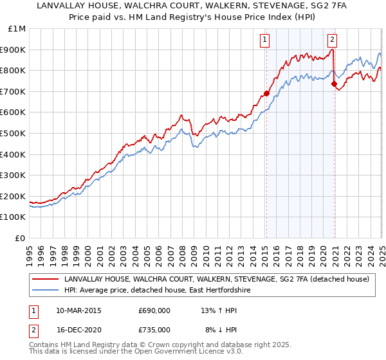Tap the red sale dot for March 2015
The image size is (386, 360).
pyautogui.click(x=266, y=93)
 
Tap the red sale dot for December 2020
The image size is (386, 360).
pyautogui.click(x=335, y=84)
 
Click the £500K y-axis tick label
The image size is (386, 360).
pyautogui.click(x=14, y=134)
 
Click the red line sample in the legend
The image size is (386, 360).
pyautogui.click(x=45, y=279)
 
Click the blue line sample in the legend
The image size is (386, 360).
pyautogui.click(x=45, y=291)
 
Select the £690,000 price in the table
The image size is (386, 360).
pyautogui.click(x=154, y=310)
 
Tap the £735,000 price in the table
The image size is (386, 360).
pyautogui.click(x=154, y=329)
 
